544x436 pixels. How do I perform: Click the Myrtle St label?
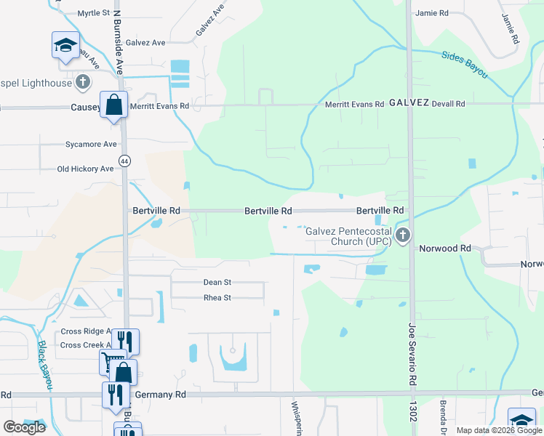(x=92, y=13)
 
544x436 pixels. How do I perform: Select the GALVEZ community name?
(x=409, y=103)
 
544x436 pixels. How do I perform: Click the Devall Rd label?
(x=448, y=104)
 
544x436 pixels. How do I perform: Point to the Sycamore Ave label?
(x=90, y=144)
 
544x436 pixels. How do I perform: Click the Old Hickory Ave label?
(x=86, y=169)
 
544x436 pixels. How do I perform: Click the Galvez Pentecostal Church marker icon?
(x=403, y=235)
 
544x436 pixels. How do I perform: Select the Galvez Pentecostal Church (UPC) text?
(x=348, y=236)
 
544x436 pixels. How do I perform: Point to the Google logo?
(x=24, y=427)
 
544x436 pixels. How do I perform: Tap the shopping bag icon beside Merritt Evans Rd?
(x=114, y=105)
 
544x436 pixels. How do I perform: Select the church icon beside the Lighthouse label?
(x=84, y=81)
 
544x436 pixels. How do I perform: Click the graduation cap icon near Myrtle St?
(x=65, y=44)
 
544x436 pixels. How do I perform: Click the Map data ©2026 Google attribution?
(x=498, y=430)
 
